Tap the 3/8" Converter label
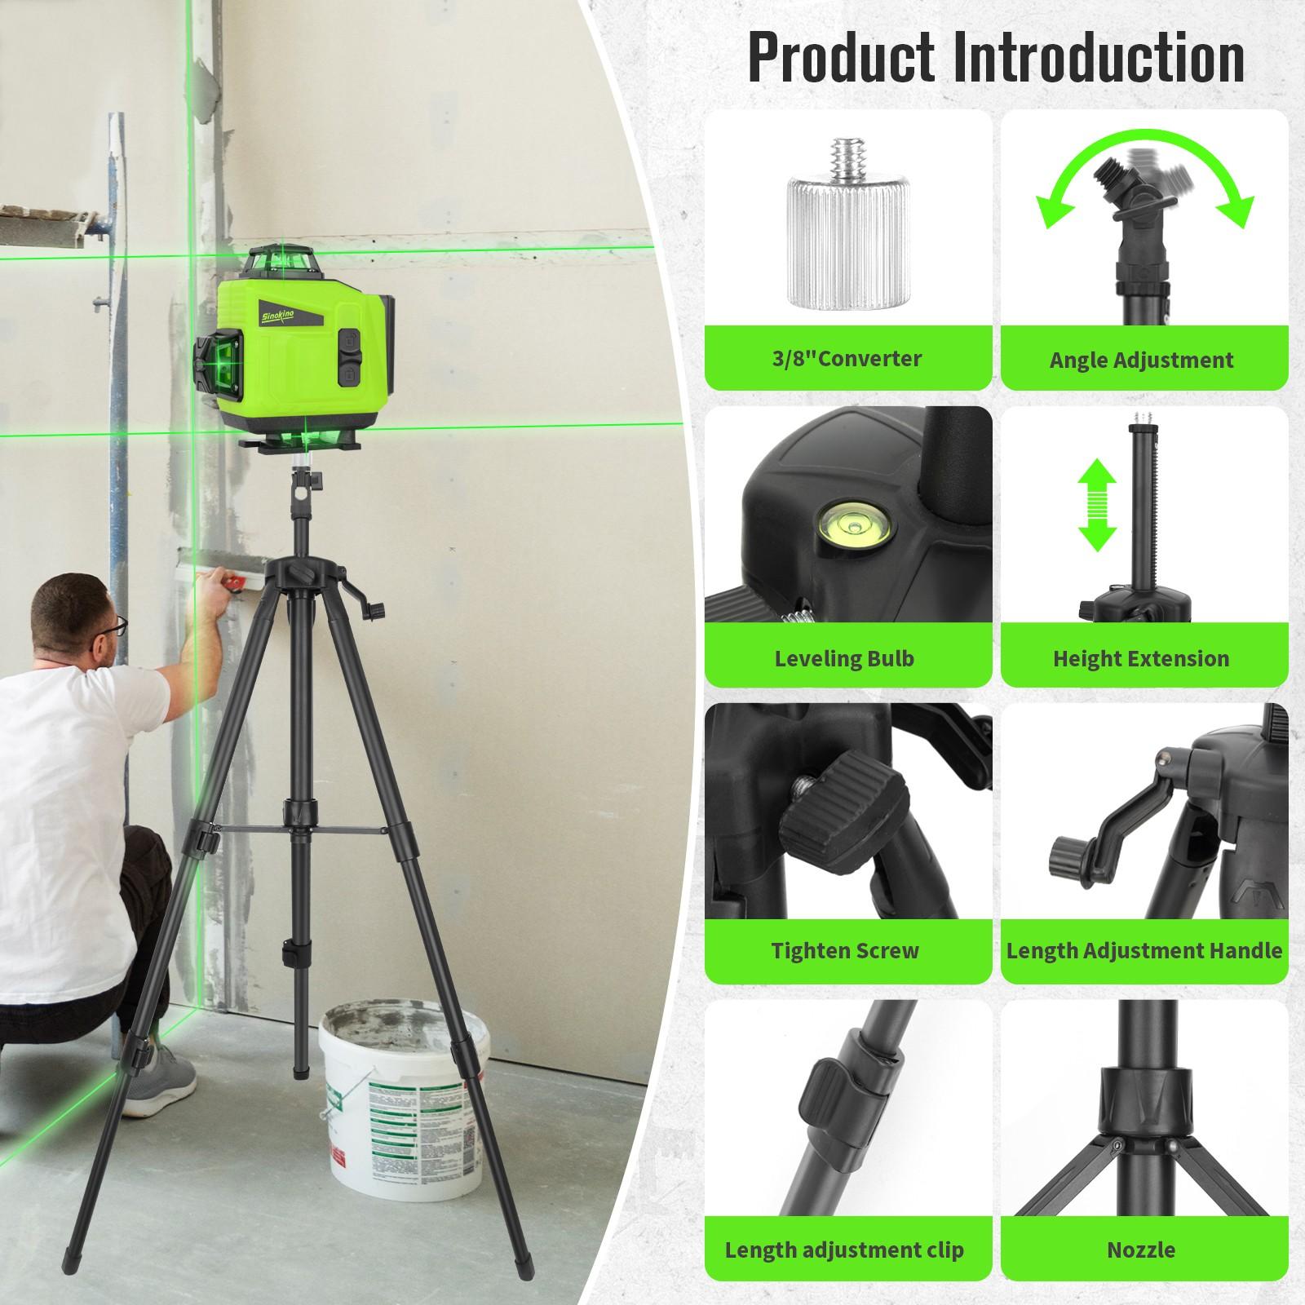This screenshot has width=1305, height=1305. pyautogui.click(x=847, y=358)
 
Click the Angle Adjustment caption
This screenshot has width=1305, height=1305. pyautogui.click(x=1141, y=360)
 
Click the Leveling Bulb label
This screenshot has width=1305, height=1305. pyautogui.click(x=844, y=658)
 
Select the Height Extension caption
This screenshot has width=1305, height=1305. pyautogui.click(x=1140, y=658)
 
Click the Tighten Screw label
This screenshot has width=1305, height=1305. pyautogui.click(x=845, y=950)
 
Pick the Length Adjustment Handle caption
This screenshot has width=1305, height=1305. pyautogui.click(x=1144, y=950)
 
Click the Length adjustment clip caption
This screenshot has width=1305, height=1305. pyautogui.click(x=844, y=1250)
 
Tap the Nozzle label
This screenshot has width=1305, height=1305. pyautogui.click(x=1140, y=1250)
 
